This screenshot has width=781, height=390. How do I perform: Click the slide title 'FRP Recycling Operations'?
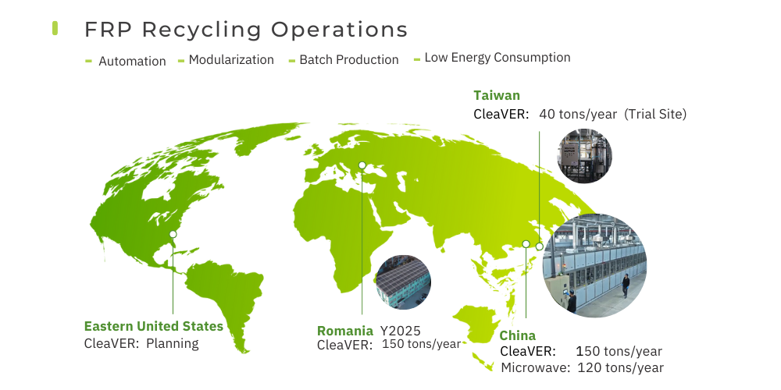click(246, 30)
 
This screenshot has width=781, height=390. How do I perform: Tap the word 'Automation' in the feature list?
click(132, 61)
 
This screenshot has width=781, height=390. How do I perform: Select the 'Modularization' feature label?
click(231, 60)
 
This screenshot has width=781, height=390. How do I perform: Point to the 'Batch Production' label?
click(348, 60)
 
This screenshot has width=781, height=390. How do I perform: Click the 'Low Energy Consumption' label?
click(497, 58)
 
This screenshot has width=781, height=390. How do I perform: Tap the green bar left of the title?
click(55, 28)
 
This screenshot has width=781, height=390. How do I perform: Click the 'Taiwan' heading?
click(497, 95)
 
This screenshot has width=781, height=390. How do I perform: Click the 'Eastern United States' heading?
click(153, 326)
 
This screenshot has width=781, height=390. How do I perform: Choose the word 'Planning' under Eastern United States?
click(173, 343)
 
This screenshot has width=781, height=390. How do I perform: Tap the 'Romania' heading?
click(344, 331)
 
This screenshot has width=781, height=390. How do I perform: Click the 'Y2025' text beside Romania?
click(401, 331)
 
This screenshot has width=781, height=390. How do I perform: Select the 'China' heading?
click(518, 335)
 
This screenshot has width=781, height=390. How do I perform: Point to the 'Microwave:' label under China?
click(536, 368)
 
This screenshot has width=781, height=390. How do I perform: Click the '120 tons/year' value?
click(621, 368)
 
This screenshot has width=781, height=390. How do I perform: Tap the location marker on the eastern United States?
click(173, 234)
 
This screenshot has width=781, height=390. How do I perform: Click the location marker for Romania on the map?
click(362, 165)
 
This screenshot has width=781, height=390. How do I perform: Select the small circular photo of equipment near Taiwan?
click(585, 156)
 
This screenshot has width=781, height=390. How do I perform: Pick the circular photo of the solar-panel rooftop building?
click(404, 282)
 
